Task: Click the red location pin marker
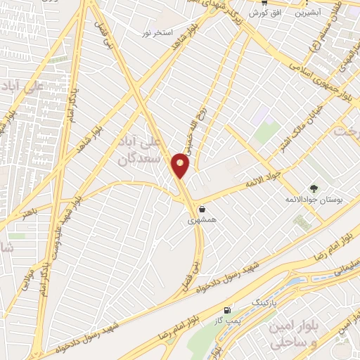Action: (181, 165)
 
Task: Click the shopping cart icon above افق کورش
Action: (264, 2)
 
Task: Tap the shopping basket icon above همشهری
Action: (202, 209)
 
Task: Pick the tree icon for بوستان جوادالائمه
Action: (314, 188)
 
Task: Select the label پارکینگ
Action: (264, 300)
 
